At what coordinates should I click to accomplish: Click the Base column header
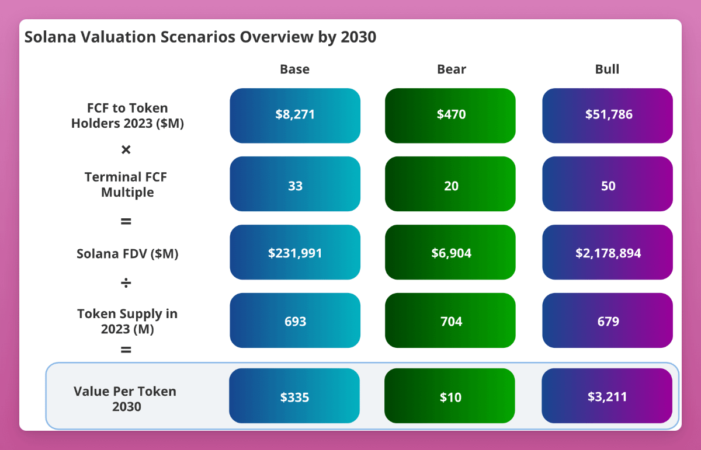(294, 69)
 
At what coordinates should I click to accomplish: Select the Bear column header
(452, 69)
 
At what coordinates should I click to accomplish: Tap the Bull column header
(607, 69)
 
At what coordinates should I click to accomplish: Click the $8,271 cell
(295, 115)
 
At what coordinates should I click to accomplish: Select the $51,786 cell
(608, 115)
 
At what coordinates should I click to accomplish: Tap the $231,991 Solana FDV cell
(295, 252)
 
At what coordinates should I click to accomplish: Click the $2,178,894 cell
(608, 252)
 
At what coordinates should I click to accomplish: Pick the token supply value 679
(608, 320)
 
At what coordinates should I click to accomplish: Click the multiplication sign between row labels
(126, 150)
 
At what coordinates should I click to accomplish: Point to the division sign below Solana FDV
(126, 284)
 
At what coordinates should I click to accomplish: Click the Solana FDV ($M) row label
(127, 254)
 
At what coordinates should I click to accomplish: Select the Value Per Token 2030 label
(125, 399)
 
